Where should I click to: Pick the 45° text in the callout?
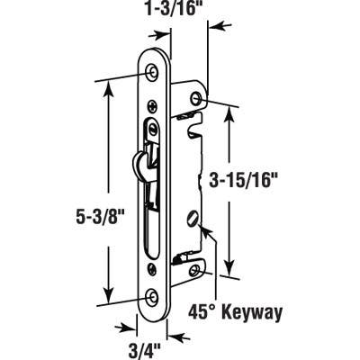(x=205, y=314)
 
